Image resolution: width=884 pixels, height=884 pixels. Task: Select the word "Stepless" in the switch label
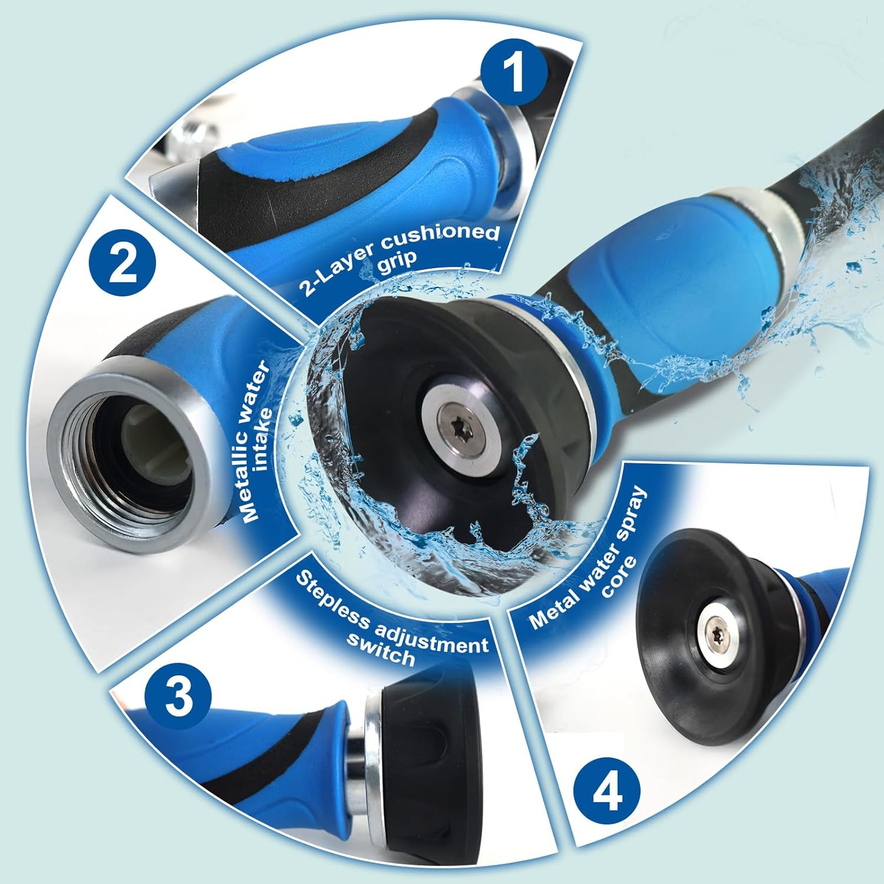pyautogui.click(x=329, y=604)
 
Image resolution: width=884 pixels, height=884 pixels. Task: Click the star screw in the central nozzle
pyautogui.click(x=455, y=419)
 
